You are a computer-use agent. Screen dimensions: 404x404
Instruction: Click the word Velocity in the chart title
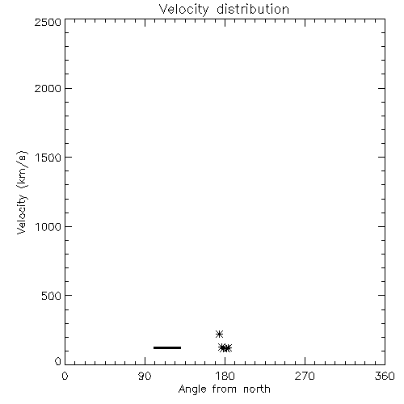184,10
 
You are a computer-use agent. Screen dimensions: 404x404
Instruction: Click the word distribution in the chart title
253,9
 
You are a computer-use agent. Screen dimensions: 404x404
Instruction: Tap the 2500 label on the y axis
48,22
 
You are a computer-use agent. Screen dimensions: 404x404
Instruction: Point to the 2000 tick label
48,89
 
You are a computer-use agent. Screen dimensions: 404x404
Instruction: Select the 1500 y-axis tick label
48,158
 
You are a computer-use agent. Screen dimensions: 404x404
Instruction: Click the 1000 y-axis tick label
48,227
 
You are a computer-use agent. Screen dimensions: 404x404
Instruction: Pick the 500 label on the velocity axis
52,296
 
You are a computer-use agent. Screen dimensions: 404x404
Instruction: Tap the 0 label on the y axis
58,361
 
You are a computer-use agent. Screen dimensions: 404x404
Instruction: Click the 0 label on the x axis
65,376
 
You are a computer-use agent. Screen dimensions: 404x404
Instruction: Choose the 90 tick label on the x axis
145,376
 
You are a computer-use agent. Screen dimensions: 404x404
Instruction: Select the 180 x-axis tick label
225,376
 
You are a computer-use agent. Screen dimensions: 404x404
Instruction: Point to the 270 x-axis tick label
305,376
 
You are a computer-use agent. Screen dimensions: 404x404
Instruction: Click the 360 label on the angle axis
385,376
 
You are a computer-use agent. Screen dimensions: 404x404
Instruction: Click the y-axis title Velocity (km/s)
22,192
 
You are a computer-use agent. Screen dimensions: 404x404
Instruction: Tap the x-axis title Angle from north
225,389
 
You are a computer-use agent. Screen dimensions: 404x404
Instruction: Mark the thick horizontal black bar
167,347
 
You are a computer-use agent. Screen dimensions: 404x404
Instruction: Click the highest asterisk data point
219,335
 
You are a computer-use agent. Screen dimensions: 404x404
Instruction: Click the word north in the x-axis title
257,389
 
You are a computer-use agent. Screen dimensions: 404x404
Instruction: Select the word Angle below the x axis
192,390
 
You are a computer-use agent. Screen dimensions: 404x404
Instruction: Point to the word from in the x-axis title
225,389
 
